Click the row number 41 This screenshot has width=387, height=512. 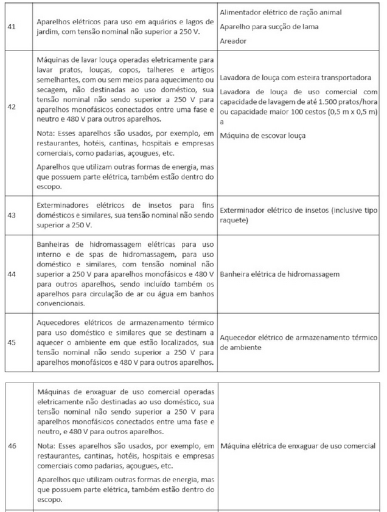coord(12,26)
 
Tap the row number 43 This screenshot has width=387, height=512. coord(12,215)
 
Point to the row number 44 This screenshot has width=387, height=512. coord(12,274)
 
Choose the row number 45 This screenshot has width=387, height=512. coord(12,342)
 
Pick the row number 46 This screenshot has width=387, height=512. coord(12,446)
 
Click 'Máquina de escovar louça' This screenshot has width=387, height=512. coord(263,134)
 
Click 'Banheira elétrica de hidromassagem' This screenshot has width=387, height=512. coord(279,274)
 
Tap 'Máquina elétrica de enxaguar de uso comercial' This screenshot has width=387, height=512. coord(298,446)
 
